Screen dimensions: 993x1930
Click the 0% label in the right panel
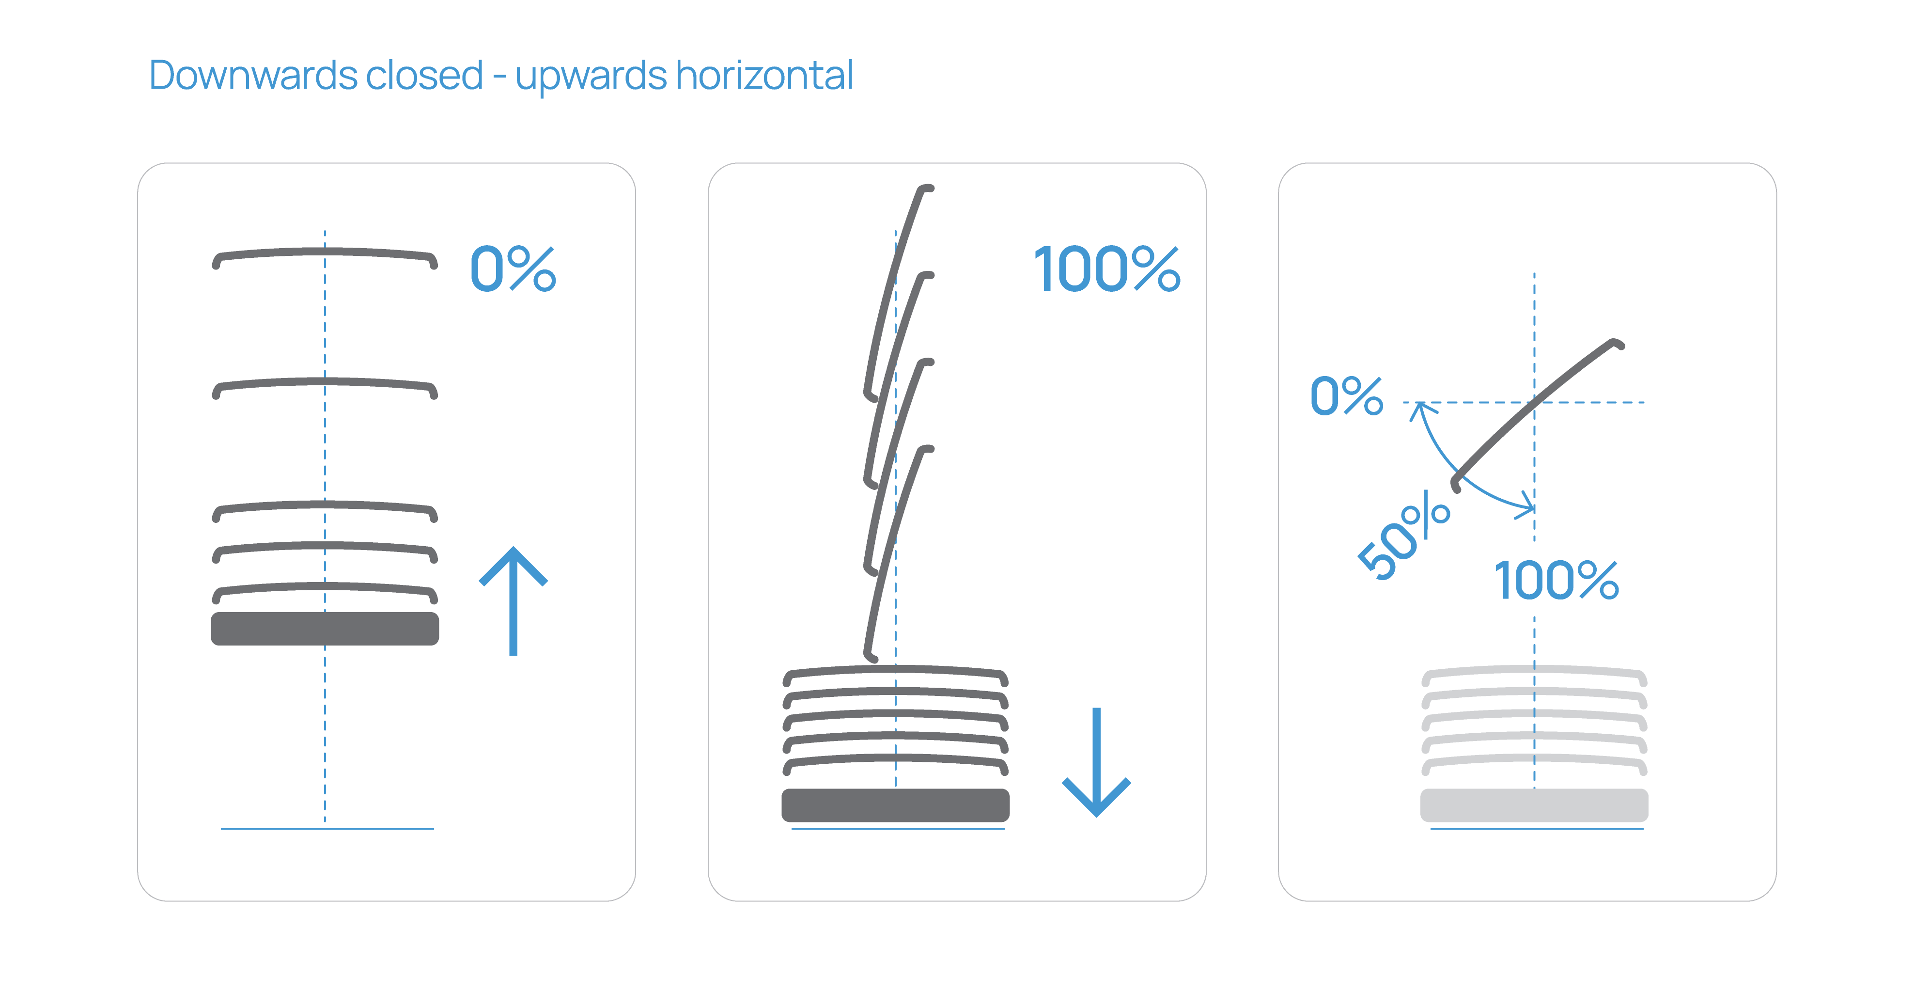tap(1346, 396)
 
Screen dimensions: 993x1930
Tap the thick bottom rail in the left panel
tap(325, 629)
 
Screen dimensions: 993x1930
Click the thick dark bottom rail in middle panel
tap(895, 805)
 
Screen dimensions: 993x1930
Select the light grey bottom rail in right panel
tap(1534, 805)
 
